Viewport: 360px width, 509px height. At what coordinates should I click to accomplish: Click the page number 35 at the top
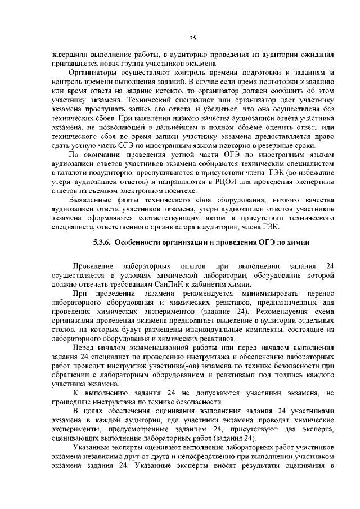tap(192, 38)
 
